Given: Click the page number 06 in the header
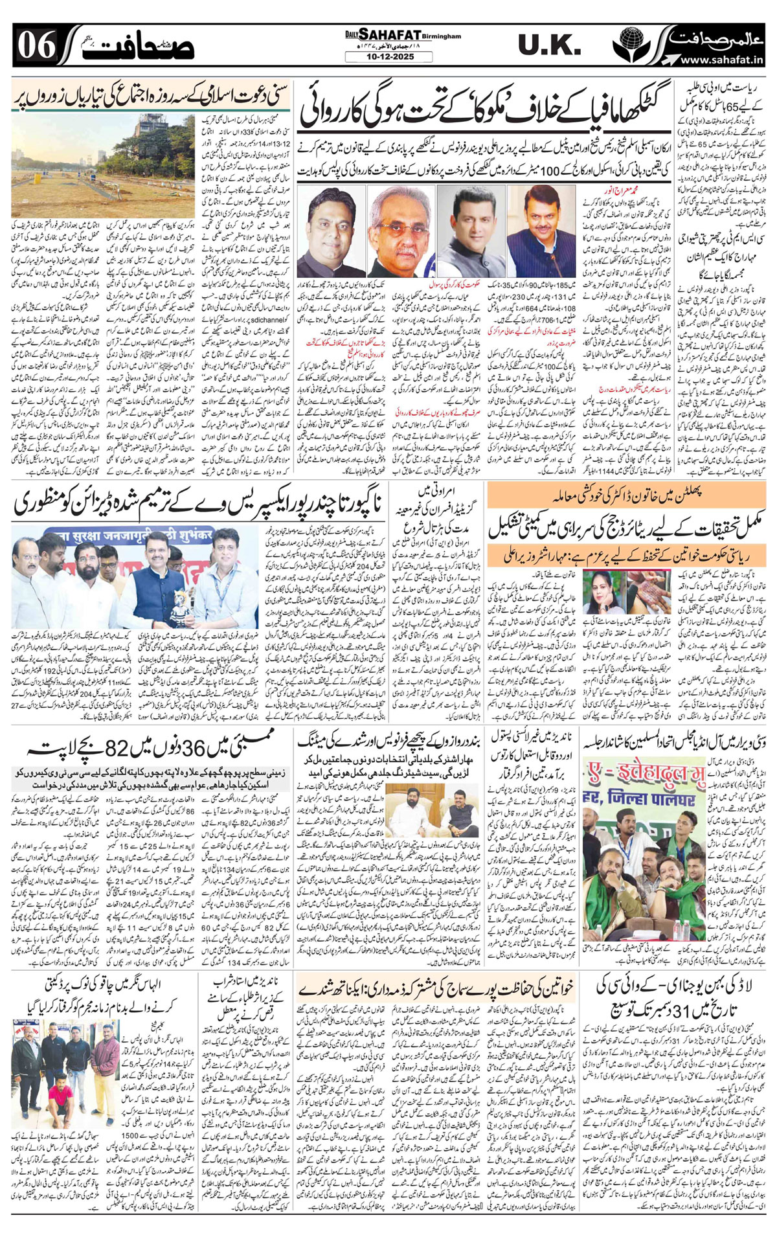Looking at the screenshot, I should coord(35,46).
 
